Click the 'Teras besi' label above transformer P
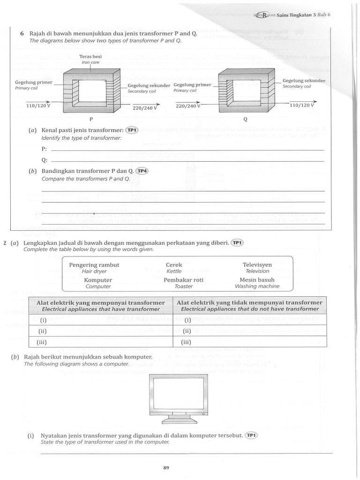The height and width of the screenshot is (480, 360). pos(91,56)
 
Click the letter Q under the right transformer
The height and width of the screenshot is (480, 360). pos(245,119)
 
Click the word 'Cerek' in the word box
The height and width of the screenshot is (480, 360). pos(174,265)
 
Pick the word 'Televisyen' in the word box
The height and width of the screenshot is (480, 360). pos(257,265)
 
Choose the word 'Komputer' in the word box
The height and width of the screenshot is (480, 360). pos(98,280)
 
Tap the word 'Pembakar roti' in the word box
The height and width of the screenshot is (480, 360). pos(183,280)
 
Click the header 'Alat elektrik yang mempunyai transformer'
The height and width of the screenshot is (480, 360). pos(101,303)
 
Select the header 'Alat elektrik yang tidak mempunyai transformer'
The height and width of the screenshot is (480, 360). pos(249,303)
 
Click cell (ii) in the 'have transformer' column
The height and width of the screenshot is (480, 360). pos(101,331)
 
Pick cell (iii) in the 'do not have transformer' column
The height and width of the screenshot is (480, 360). pos(249,342)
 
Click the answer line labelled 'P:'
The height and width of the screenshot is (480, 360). pos(187,150)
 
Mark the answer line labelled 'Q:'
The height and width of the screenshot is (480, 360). pos(187,160)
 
